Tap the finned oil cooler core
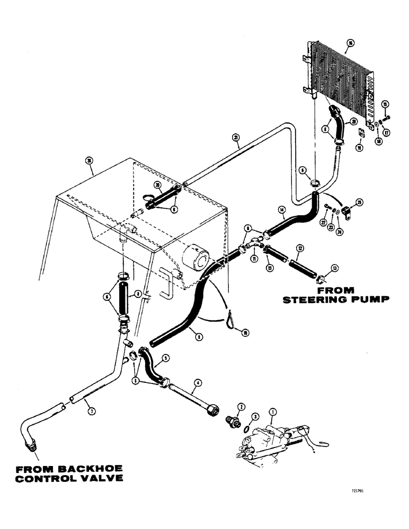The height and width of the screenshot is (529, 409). coord(339,79)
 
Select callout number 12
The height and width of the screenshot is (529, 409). coord(299,248)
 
